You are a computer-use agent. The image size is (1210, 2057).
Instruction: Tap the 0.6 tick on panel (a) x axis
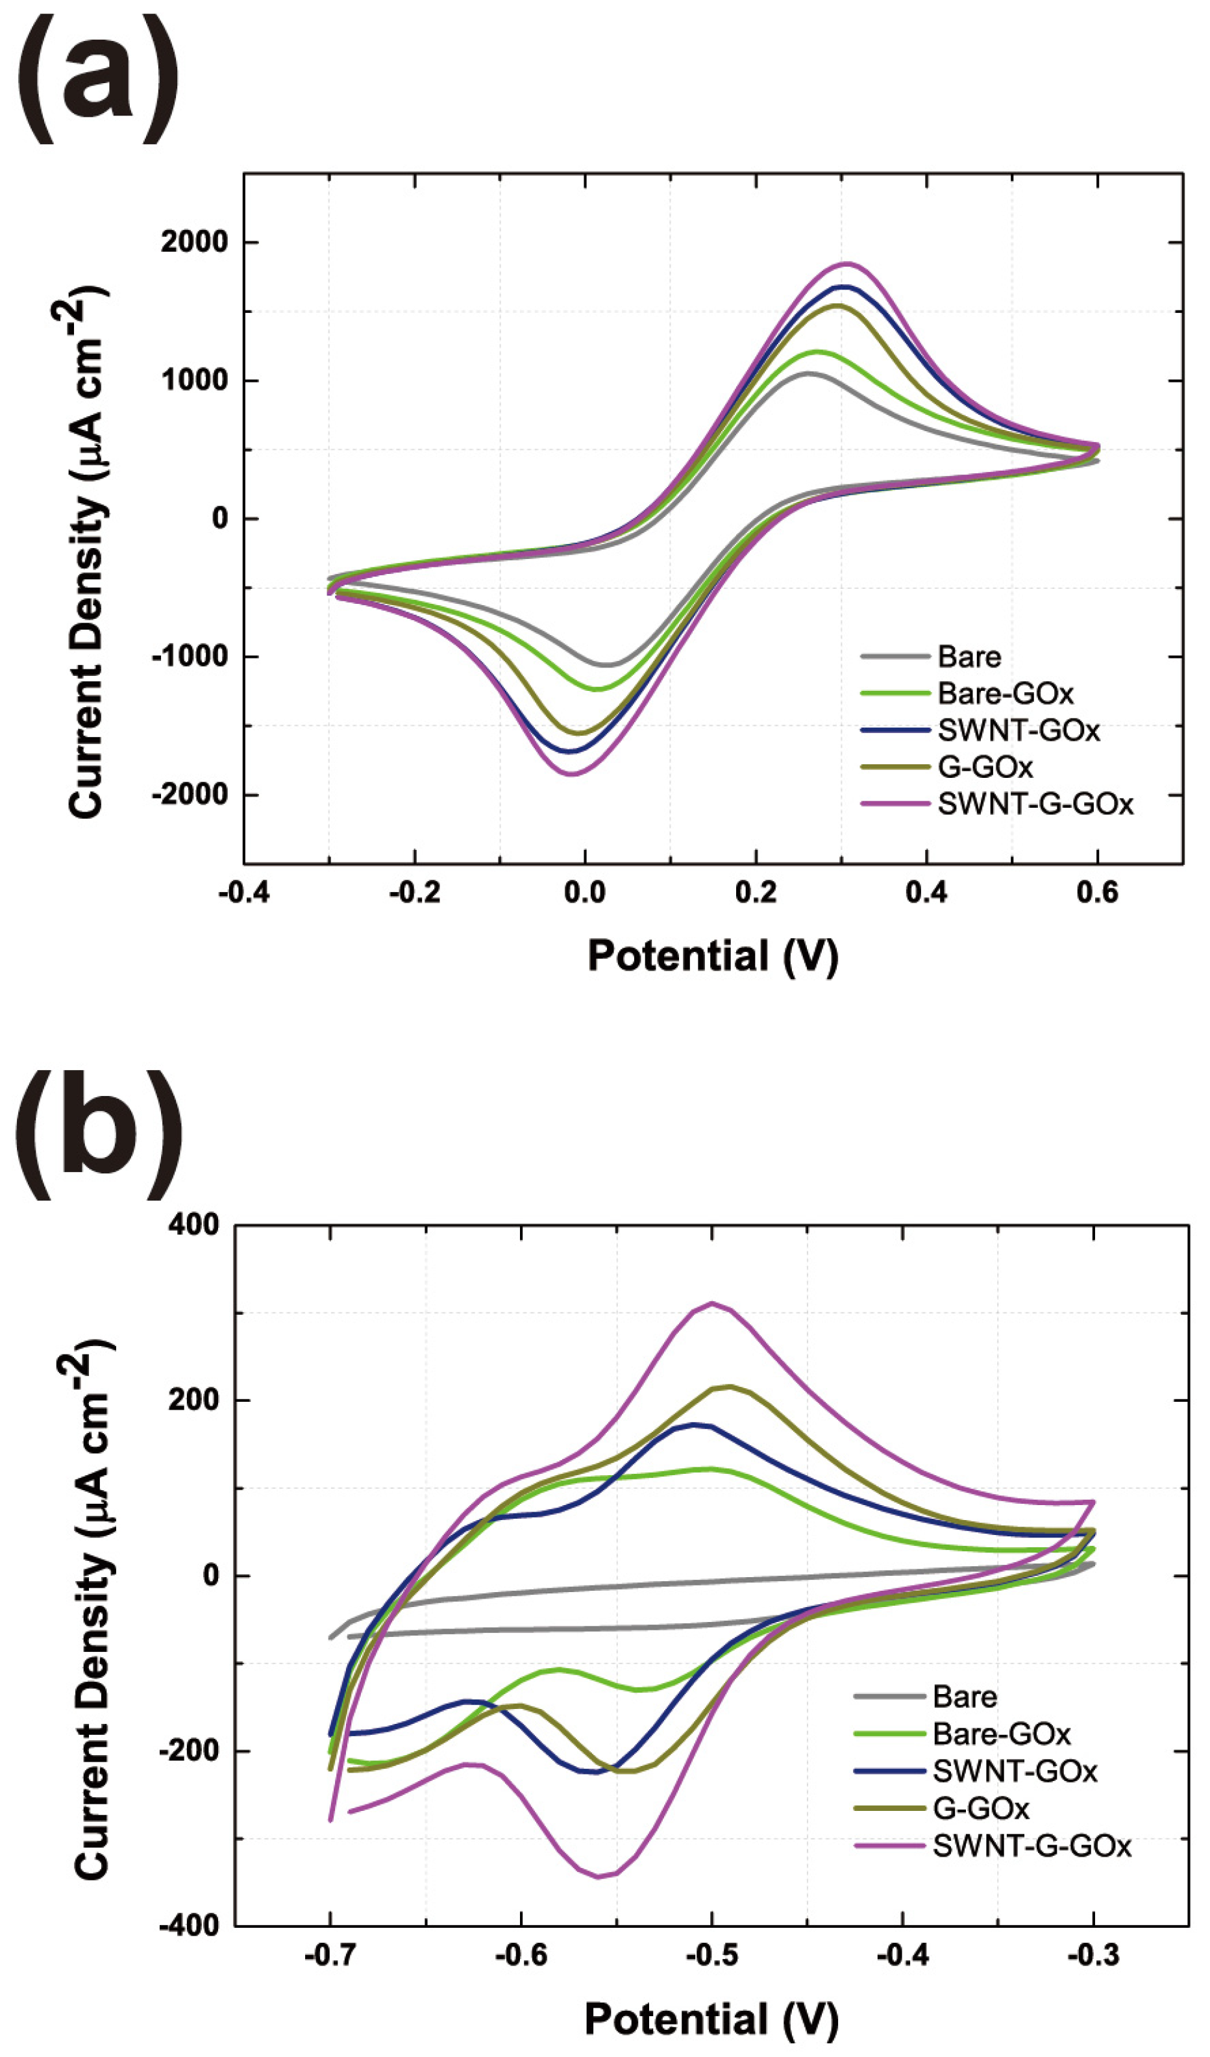(1098, 892)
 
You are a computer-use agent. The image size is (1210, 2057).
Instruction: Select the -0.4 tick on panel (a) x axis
(244, 892)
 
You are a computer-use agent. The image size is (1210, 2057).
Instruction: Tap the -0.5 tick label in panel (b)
(711, 1956)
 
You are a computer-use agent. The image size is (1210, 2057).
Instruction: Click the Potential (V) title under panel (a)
(712, 955)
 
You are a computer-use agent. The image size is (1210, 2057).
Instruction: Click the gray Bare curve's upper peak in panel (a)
(808, 373)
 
